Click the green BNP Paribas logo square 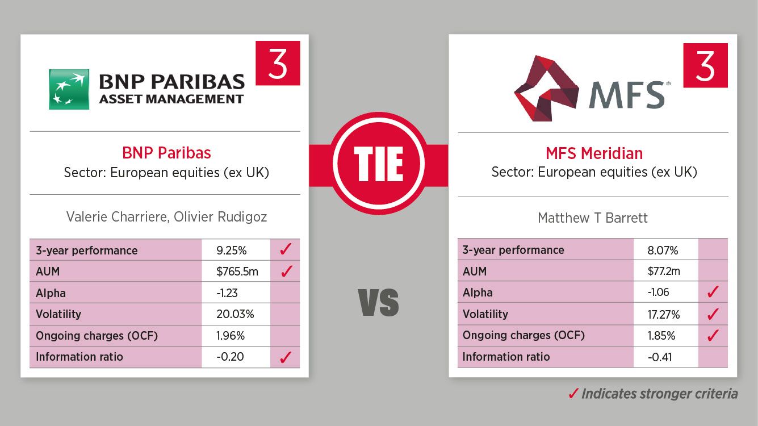tap(69, 89)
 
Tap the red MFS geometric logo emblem tap(546, 89)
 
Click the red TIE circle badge tap(379, 163)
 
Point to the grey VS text tap(379, 302)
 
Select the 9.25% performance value tap(232, 250)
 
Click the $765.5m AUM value tap(237, 272)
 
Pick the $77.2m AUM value tap(664, 272)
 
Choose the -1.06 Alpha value tap(658, 293)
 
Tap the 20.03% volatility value tap(235, 314)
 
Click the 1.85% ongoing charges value tap(661, 336)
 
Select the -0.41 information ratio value tap(660, 357)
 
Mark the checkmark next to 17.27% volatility tap(713, 314)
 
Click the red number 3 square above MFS tap(705, 65)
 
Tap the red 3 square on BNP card tap(278, 63)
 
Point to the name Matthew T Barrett tap(593, 218)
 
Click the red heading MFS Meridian tap(594, 153)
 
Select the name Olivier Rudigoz tap(220, 217)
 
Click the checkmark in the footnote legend tap(573, 394)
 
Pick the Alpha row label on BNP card tap(51, 293)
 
